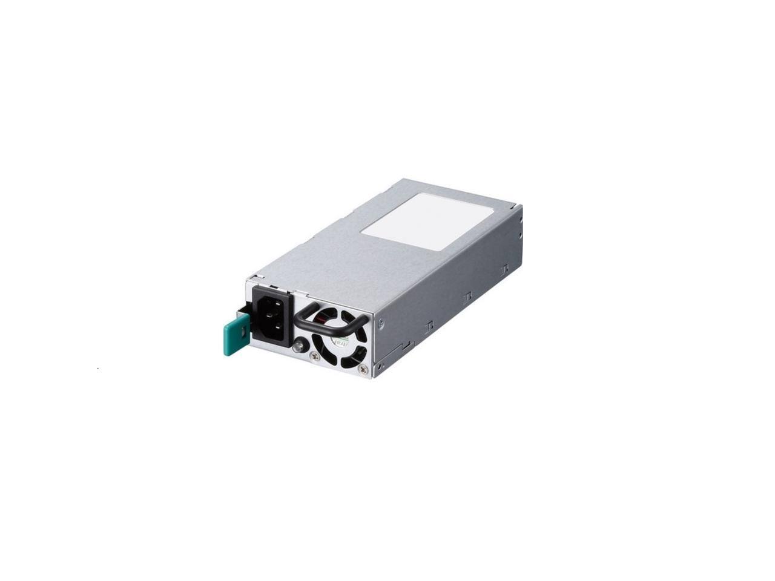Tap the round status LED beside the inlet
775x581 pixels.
click(x=298, y=347)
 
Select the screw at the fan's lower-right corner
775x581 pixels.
click(x=363, y=369)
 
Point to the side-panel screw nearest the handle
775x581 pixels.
click(x=380, y=324)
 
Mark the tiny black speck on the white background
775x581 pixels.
click(x=98, y=368)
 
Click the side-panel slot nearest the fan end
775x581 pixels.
click(x=429, y=327)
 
